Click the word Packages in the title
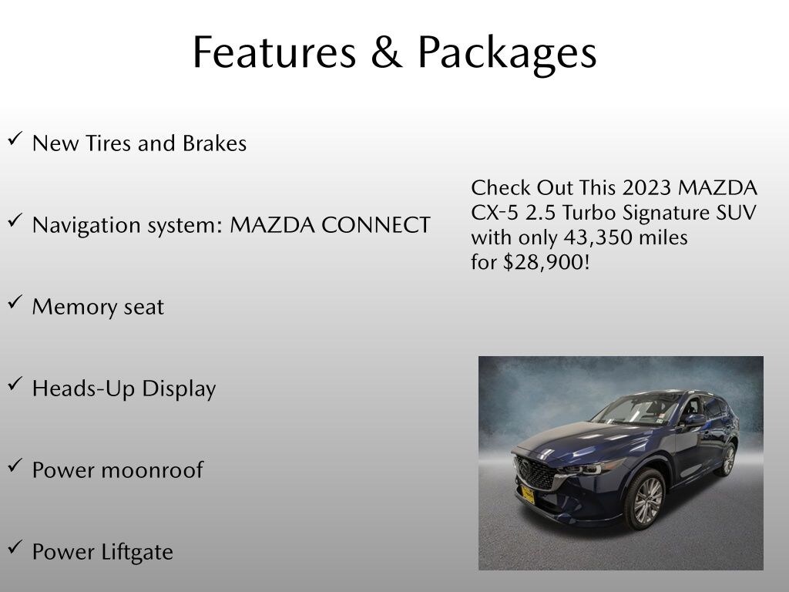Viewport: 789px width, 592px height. click(507, 54)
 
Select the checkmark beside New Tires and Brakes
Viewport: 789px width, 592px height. click(15, 140)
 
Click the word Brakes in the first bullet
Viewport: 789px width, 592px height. click(214, 143)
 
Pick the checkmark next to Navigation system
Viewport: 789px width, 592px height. click(15, 221)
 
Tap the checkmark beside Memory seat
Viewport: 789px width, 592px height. click(15, 303)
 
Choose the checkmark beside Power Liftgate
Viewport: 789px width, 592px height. click(15, 548)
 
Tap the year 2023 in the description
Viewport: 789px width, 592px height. click(652, 188)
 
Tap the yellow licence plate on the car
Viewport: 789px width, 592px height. click(528, 494)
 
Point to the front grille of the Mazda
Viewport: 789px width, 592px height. click(534, 471)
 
